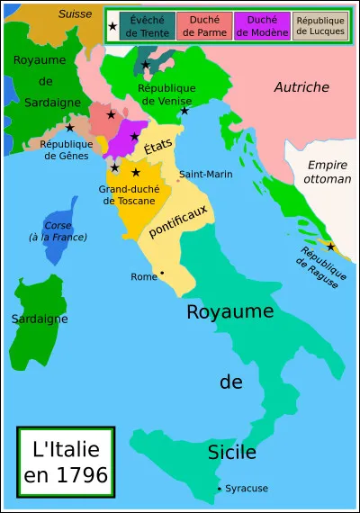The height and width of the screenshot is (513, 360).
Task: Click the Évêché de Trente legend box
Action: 147,26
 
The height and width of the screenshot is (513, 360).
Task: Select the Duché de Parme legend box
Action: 204,26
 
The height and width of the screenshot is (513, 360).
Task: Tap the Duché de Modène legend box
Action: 262,26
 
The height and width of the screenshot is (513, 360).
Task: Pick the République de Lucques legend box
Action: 319,26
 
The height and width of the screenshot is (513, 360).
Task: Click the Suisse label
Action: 76,13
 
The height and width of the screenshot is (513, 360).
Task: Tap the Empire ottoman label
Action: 328,172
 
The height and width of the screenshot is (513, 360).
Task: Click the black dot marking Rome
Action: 162,272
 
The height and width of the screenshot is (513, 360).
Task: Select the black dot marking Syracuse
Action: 219,489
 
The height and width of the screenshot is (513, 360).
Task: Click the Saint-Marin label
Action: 202,174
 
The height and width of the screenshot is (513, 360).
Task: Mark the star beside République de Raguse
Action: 331,247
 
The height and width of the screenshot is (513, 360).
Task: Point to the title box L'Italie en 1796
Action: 65,460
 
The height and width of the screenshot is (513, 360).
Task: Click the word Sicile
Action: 231,451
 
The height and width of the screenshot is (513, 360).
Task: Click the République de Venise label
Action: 167,94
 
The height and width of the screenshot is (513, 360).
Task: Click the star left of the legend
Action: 112,26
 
